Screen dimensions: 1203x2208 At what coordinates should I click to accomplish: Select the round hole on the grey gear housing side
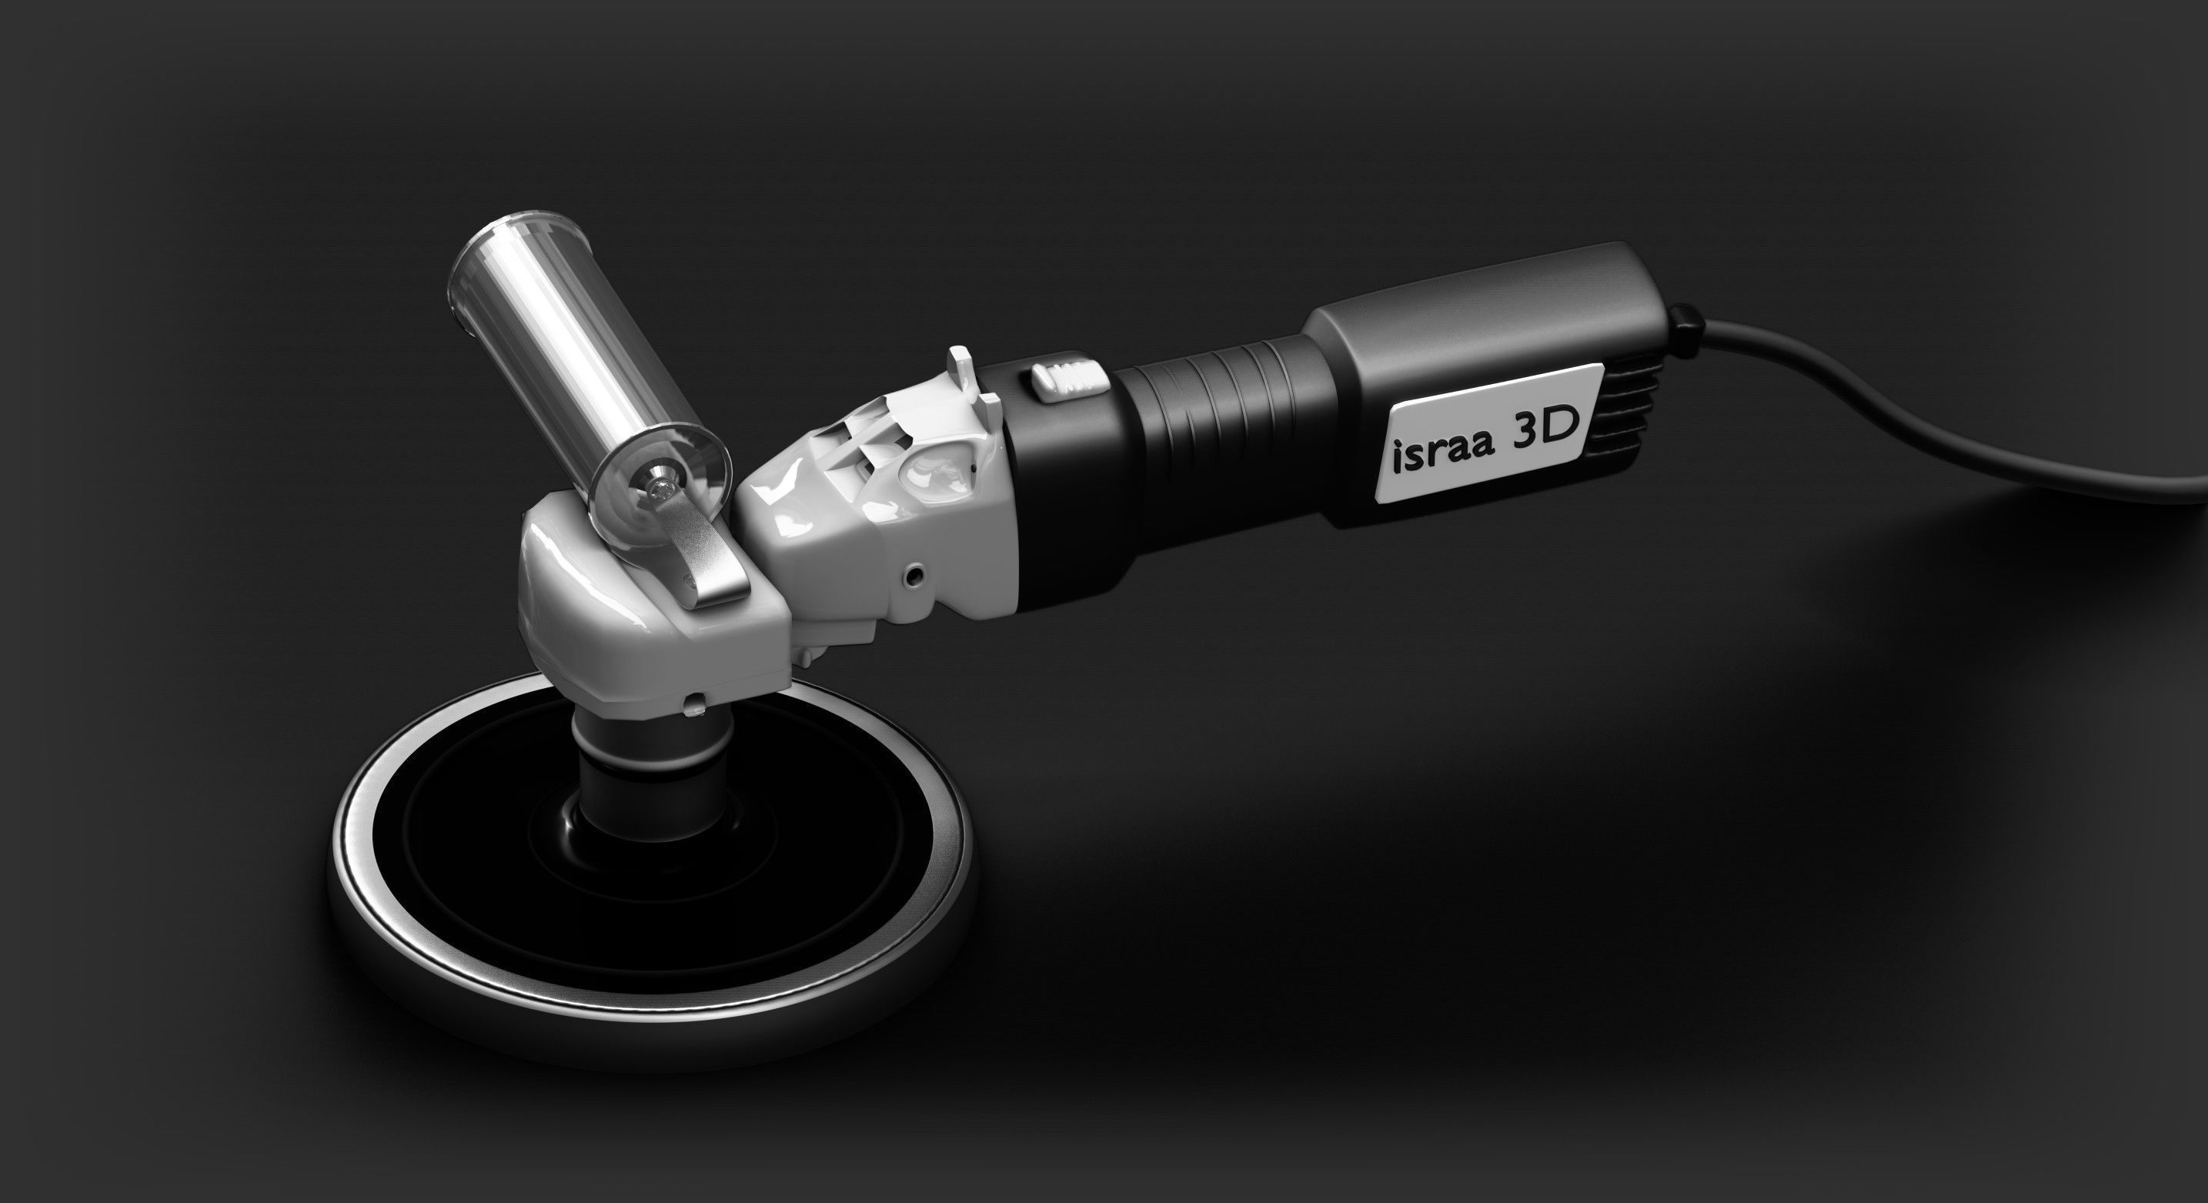coord(917,572)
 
